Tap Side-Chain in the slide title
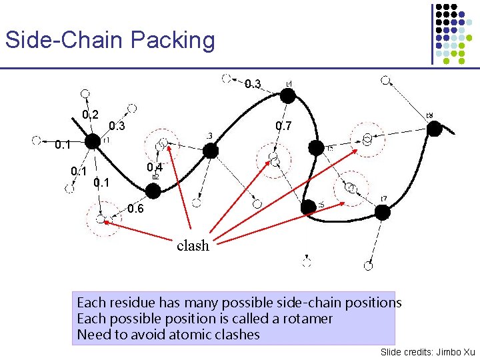[x=65, y=40]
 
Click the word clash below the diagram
[x=193, y=245]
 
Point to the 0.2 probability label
[x=91, y=115]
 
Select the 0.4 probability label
[x=155, y=167]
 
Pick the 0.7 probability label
[x=283, y=126]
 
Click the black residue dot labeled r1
[x=91, y=141]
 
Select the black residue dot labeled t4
[x=287, y=96]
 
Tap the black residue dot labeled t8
[x=434, y=129]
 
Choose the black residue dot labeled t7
[x=382, y=212]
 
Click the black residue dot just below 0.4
[x=153, y=191]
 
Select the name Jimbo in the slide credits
[x=446, y=351]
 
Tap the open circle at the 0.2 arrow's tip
[x=85, y=93]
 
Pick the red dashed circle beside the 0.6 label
[x=100, y=218]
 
